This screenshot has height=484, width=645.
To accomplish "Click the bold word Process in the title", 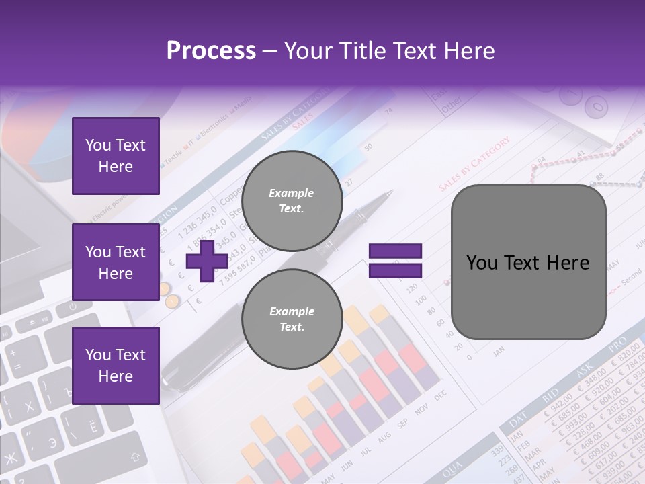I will (x=211, y=51).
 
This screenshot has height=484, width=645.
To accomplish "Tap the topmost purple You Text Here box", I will (x=116, y=156).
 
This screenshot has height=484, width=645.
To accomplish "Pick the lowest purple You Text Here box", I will (x=116, y=366).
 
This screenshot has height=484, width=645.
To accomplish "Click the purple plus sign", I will (x=206, y=262).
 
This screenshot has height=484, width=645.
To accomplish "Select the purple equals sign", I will (x=395, y=261).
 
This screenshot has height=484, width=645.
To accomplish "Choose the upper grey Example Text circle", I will (x=292, y=201).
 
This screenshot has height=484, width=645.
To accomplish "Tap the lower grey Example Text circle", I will (x=292, y=319).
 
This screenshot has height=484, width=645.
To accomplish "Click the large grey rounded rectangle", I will (x=528, y=262).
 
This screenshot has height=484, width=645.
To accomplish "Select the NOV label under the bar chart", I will (x=421, y=409).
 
